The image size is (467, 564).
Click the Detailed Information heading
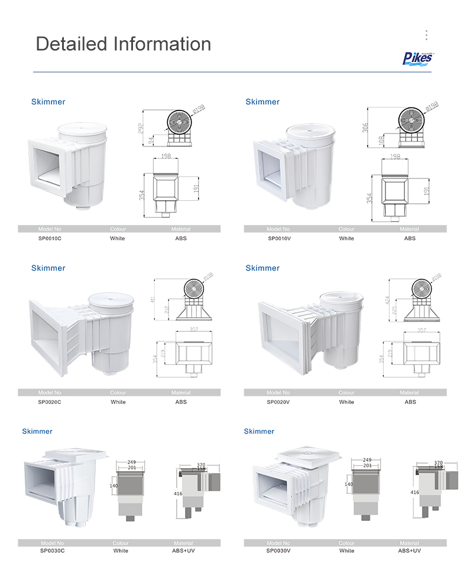click(x=124, y=44)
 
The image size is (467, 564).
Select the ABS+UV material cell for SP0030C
click(x=183, y=551)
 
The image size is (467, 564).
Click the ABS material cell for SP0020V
click(x=410, y=402)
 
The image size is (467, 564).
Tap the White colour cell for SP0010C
click(x=118, y=239)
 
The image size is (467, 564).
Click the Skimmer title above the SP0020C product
click(x=48, y=268)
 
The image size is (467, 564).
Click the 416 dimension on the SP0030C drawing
click(x=178, y=492)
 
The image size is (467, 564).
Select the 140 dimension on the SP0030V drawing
click(x=349, y=484)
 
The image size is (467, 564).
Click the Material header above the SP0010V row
click(x=409, y=229)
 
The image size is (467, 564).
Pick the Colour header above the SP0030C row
click(x=120, y=543)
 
